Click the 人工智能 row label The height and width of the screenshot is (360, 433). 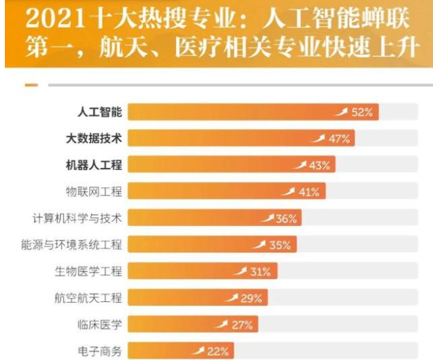click(x=99, y=112)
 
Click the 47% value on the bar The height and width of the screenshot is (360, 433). click(x=339, y=139)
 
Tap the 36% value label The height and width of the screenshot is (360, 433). click(x=286, y=219)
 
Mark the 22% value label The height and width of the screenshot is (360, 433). click(x=218, y=352)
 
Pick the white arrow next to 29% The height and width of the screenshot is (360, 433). click(x=232, y=298)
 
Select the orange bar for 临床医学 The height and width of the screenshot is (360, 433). click(x=173, y=325)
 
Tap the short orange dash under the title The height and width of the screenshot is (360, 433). click(x=31, y=85)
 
